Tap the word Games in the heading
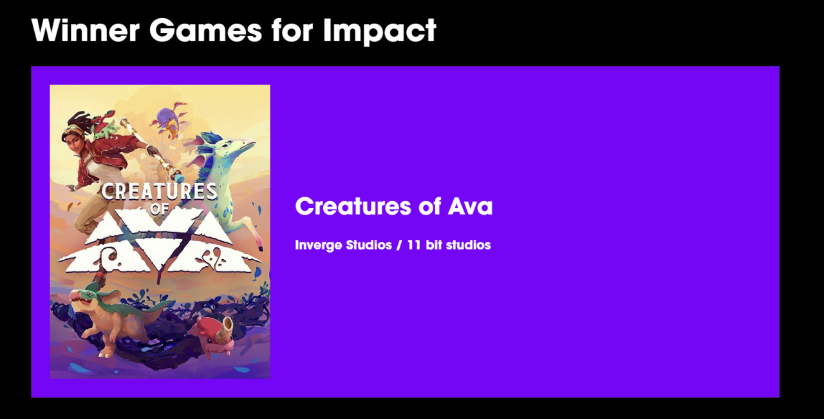tap(205, 30)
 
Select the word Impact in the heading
tap(380, 32)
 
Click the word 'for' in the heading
tap(292, 30)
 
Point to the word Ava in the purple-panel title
tap(470, 206)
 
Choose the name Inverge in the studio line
tap(318, 245)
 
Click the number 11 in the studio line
tap(414, 245)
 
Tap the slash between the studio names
tap(399, 245)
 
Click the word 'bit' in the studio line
tap(434, 245)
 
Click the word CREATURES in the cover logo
tap(159, 191)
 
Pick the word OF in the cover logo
tap(159, 209)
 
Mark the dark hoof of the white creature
tap(261, 249)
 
